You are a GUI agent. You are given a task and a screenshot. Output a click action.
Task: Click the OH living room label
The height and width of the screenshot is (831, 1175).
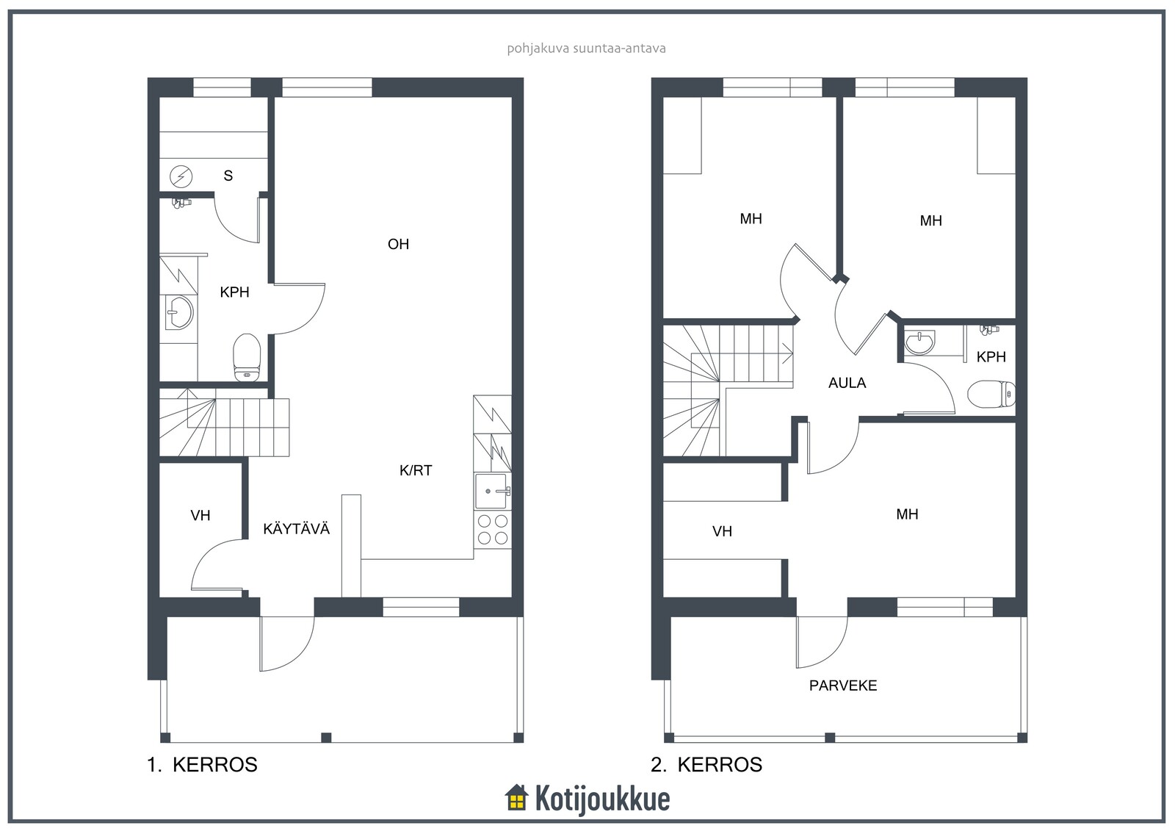pyautogui.click(x=398, y=244)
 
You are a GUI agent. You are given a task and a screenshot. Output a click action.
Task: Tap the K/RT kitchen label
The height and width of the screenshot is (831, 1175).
pyautogui.click(x=416, y=470)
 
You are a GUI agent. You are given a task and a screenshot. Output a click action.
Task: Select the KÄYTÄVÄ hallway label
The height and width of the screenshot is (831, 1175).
pyautogui.click(x=297, y=528)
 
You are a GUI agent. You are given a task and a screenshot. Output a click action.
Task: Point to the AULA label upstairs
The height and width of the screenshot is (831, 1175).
pyautogui.click(x=847, y=384)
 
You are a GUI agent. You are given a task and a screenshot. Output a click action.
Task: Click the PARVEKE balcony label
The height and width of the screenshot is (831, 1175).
pyautogui.click(x=843, y=686)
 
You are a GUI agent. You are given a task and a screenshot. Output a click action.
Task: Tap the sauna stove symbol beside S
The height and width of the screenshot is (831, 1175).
pyautogui.click(x=181, y=176)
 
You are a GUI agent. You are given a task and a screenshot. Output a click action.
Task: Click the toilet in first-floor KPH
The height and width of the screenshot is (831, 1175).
pyautogui.click(x=247, y=358)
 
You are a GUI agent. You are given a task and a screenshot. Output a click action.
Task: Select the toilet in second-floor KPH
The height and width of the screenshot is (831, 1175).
pyautogui.click(x=991, y=394)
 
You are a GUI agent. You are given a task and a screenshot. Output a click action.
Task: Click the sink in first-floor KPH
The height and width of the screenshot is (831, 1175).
pyautogui.click(x=179, y=312)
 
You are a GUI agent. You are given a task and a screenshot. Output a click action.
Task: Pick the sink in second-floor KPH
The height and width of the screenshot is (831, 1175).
pyautogui.click(x=920, y=342)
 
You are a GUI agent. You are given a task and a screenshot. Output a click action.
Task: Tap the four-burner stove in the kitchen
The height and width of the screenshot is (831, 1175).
pyautogui.click(x=493, y=530)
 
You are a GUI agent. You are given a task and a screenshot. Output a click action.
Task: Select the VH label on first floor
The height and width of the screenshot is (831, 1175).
pyautogui.click(x=200, y=516)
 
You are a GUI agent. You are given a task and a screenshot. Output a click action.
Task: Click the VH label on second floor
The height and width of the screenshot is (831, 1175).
pyautogui.click(x=722, y=532)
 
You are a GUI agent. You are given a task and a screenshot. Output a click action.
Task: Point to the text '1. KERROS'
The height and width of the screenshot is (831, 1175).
pyautogui.click(x=203, y=765)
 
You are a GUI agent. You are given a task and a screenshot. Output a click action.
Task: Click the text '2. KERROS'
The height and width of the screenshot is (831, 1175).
pyautogui.click(x=706, y=765)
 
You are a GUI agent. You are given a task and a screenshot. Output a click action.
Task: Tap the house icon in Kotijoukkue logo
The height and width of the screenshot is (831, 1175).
pyautogui.click(x=517, y=798)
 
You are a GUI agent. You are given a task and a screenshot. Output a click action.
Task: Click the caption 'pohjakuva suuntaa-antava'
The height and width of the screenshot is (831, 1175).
pyautogui.click(x=587, y=48)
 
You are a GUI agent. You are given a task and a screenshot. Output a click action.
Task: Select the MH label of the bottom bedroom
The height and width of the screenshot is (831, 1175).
pyautogui.click(x=907, y=514)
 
